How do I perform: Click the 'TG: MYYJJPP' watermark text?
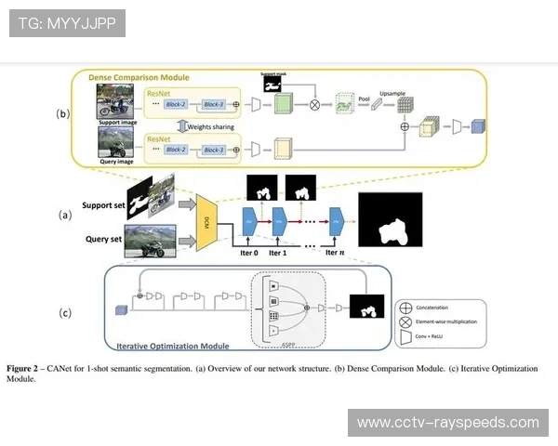tap(67, 22)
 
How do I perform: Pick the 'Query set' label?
tap(104, 238)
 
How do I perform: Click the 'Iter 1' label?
tap(279, 251)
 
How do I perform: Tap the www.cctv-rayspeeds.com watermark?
tap(447, 423)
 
